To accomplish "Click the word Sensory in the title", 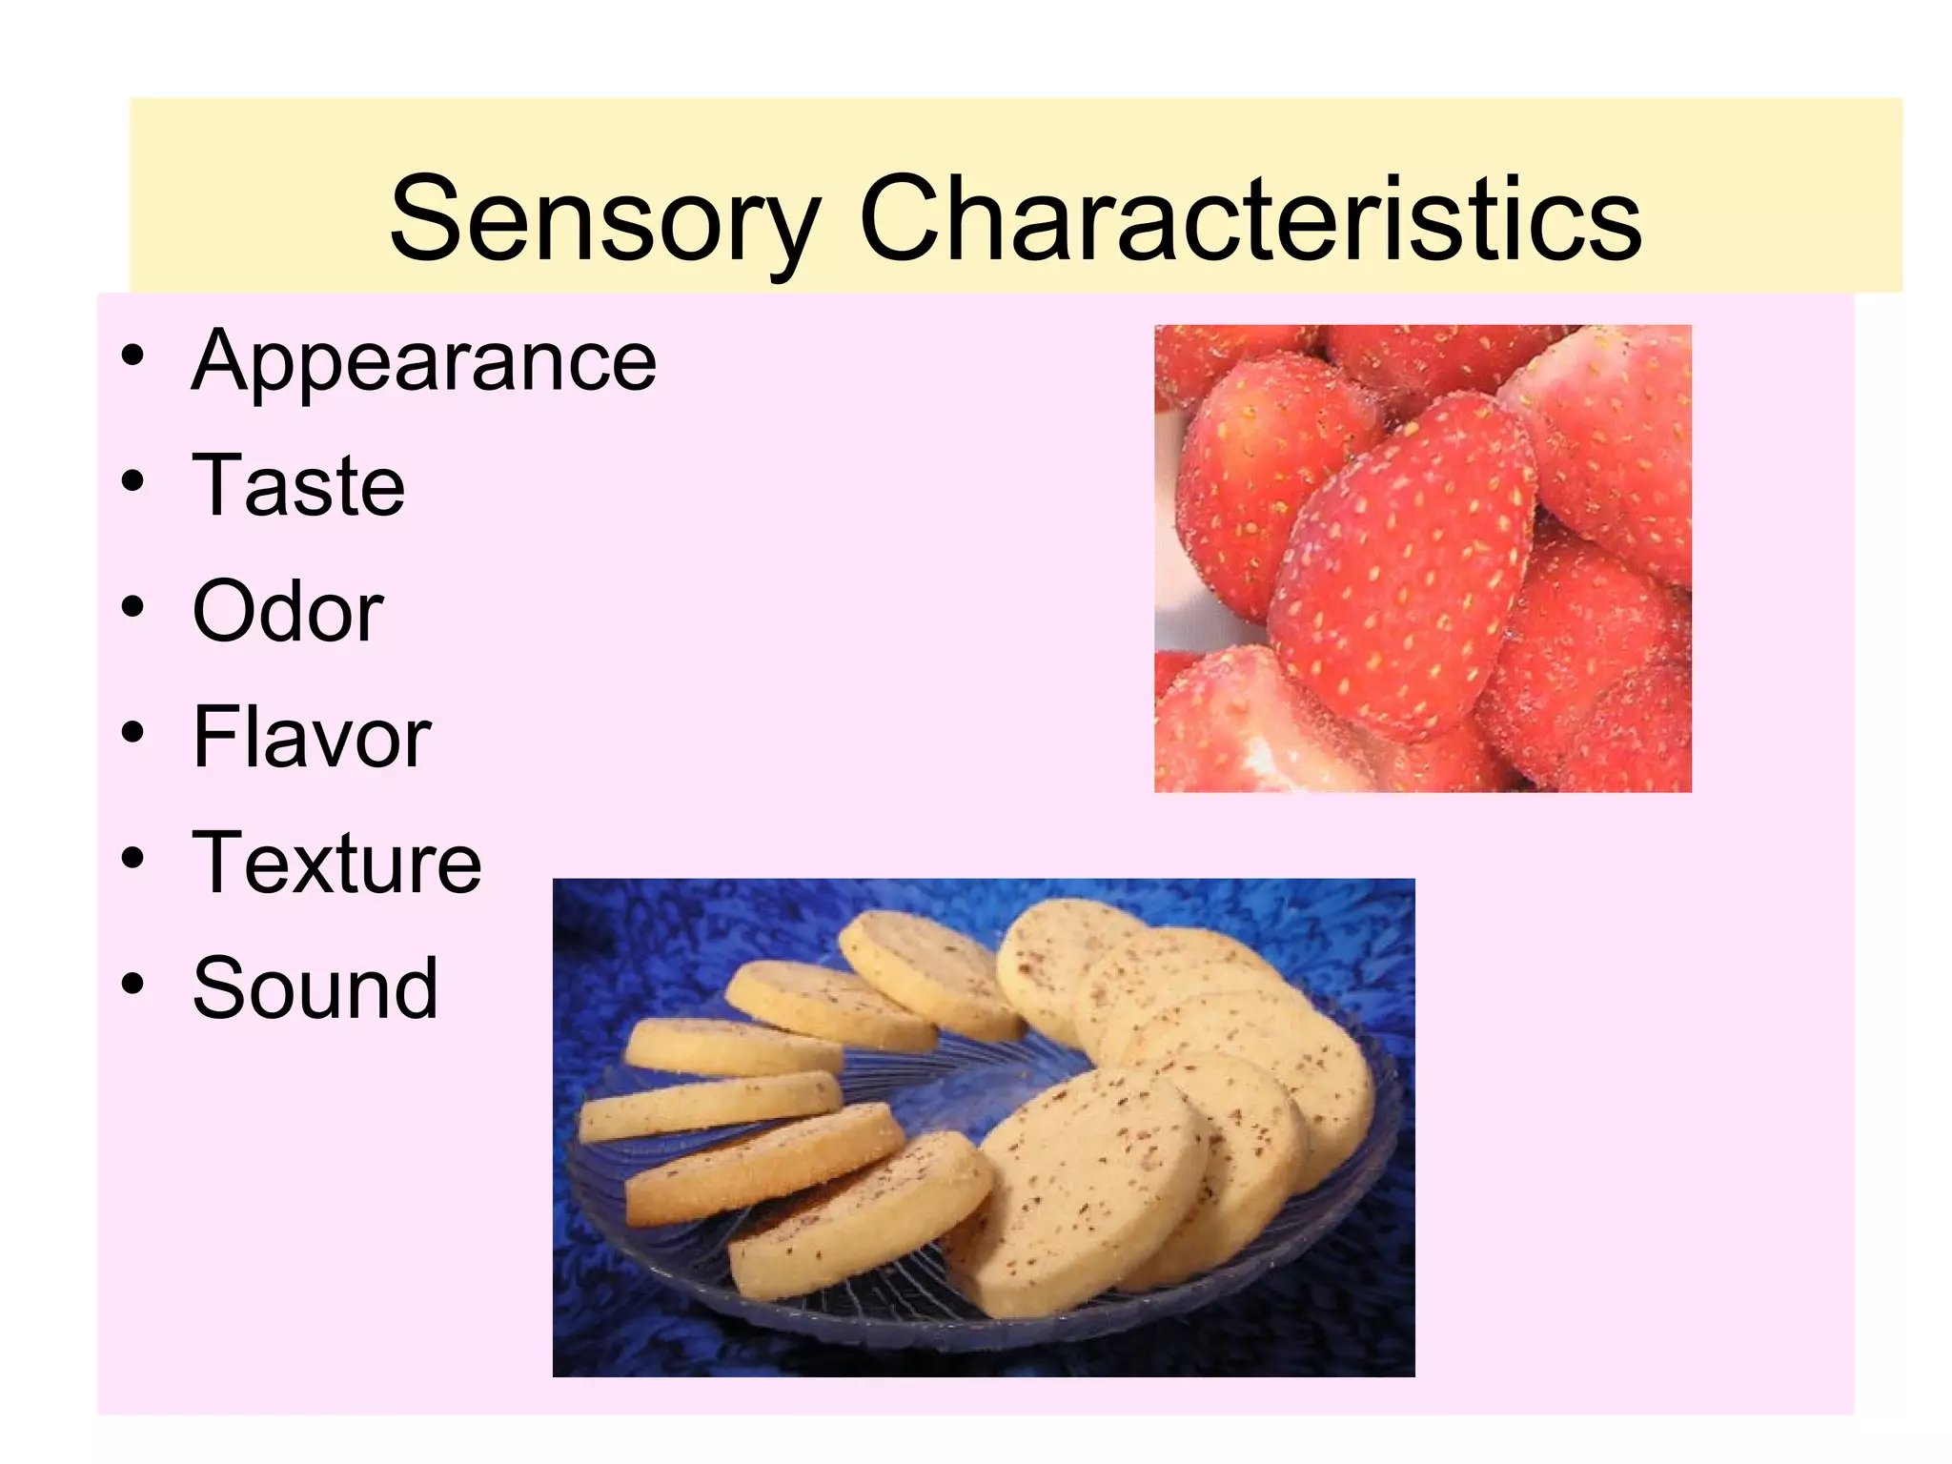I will (x=604, y=221).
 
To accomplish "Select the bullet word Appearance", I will (x=424, y=361).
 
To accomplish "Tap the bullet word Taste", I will (x=298, y=486).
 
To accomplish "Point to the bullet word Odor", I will (x=288, y=612).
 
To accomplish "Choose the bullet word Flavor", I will (x=312, y=737).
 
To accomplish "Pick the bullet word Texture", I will (x=336, y=863).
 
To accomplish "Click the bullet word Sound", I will (x=315, y=988).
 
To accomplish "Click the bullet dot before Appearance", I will (x=132, y=356).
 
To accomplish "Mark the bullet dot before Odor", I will (x=132, y=607).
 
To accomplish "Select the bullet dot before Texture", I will (x=132, y=858).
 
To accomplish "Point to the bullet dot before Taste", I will (x=132, y=481).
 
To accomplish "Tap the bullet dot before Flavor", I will (x=132, y=732).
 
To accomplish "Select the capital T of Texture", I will (x=219, y=862).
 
